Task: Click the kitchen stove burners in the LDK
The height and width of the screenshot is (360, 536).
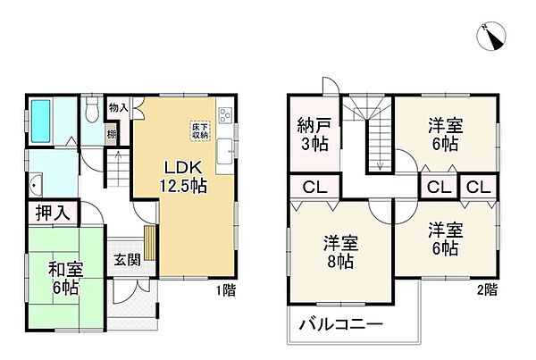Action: click(x=224, y=114)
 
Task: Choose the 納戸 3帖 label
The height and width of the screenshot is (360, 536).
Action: click(x=314, y=133)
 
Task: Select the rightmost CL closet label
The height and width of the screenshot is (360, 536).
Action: click(x=476, y=188)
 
